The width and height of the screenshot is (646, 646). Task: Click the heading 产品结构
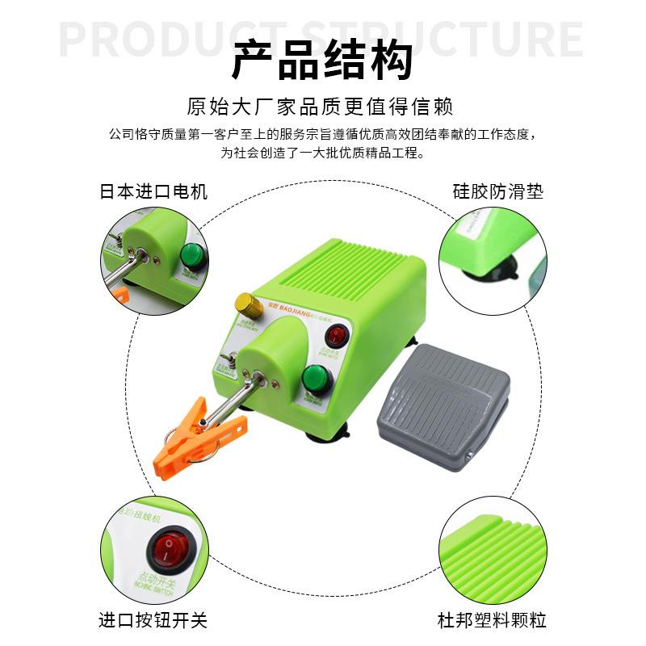pyautogui.click(x=322, y=61)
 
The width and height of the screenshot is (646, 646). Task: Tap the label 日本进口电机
pyautogui.click(x=153, y=191)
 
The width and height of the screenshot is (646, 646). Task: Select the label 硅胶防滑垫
pyautogui.click(x=497, y=191)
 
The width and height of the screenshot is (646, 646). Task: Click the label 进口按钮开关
pyautogui.click(x=153, y=620)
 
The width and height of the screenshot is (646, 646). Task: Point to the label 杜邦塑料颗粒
pyautogui.click(x=493, y=620)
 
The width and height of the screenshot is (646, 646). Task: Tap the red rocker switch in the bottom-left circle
pyautogui.click(x=168, y=554)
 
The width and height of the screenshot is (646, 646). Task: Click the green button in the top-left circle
pyautogui.click(x=192, y=255)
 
